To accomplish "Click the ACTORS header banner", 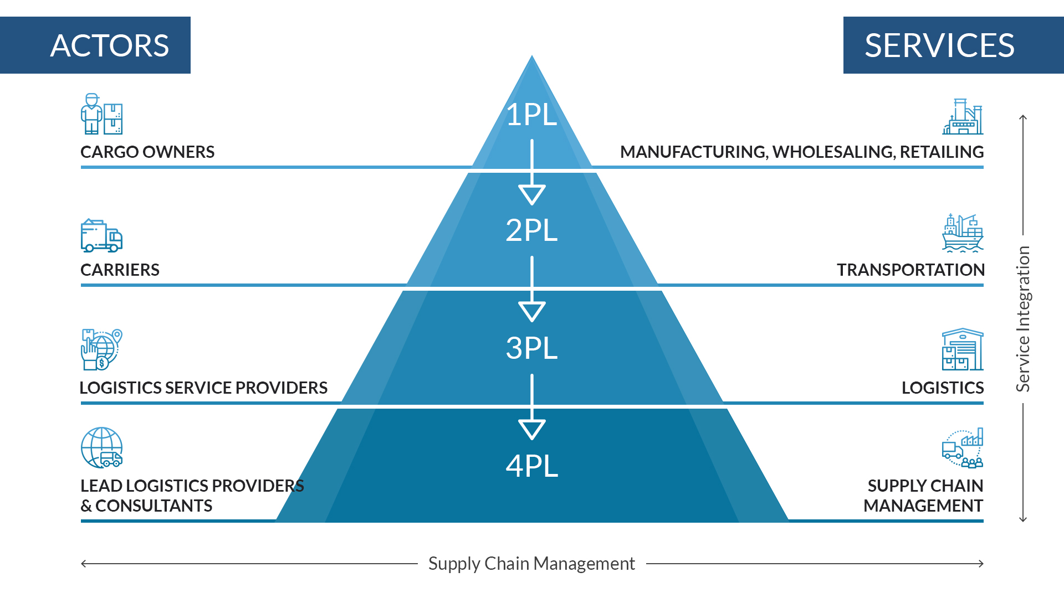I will [x=95, y=45].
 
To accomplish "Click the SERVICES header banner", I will [x=953, y=45].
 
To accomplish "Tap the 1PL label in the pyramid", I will [x=531, y=115].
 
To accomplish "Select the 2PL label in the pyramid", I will [x=531, y=230].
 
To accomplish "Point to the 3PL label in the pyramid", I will [x=531, y=348].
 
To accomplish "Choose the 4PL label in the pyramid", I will [x=531, y=466].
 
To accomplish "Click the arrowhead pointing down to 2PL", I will [x=532, y=194].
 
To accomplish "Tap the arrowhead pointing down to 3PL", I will [x=532, y=311].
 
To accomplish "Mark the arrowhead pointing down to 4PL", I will [x=532, y=429].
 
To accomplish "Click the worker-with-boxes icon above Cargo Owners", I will [x=101, y=114].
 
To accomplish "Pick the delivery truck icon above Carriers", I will [x=101, y=235].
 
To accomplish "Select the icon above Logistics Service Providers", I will [x=101, y=349].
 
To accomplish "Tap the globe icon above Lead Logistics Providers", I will [x=101, y=447].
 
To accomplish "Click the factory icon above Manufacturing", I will [x=963, y=117].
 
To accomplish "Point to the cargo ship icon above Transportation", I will [x=963, y=233].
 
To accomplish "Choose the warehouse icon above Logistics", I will [x=963, y=349].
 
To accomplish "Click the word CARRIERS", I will [x=120, y=270].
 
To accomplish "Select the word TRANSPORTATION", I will [x=910, y=270].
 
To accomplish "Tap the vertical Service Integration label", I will [x=1023, y=319].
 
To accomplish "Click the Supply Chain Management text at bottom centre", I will [x=531, y=564].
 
